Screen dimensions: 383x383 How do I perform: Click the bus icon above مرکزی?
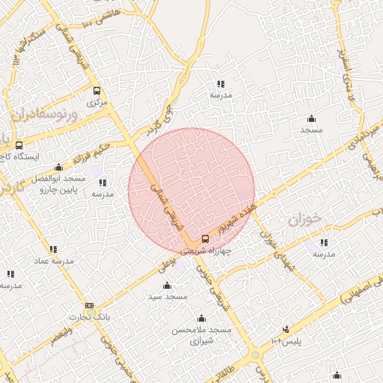click(95, 90)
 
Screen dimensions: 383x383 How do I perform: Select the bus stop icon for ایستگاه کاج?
click(19, 145)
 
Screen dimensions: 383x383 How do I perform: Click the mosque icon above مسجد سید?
click(167, 286)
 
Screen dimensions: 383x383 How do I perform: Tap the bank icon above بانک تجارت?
click(90, 305)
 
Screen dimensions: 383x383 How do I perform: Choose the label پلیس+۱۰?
click(287, 341)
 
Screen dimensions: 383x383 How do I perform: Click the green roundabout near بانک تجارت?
click(255, 355)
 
